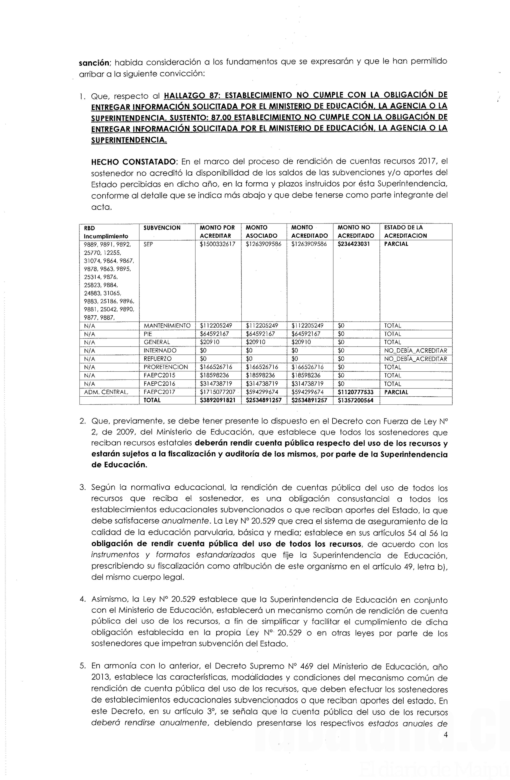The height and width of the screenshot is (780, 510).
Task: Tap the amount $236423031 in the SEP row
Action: tap(354, 244)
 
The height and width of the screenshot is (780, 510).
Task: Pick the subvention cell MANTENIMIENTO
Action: tap(167, 326)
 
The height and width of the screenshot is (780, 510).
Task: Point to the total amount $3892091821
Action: tap(217, 400)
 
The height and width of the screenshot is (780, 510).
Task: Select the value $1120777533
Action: tap(356, 392)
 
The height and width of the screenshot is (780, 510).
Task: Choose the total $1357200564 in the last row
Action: tap(356, 400)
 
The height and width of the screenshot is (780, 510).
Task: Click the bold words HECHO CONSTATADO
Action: tap(134, 162)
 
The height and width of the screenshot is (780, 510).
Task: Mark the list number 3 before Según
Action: tap(82, 488)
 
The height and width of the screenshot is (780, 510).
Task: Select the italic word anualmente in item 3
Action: tap(185, 521)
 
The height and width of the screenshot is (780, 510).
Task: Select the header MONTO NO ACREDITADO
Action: tap(356, 231)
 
